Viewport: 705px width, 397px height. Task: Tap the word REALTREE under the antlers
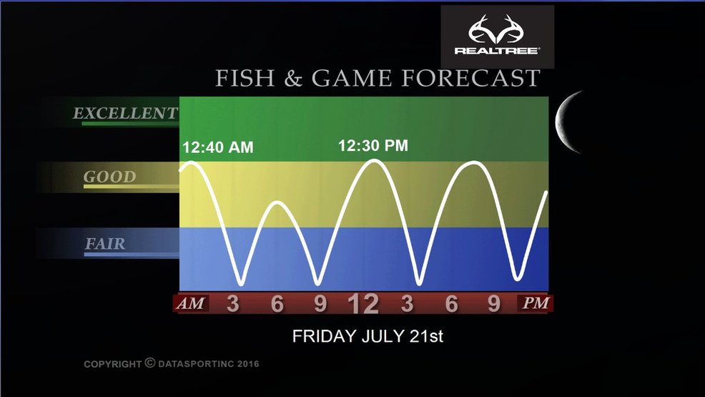point(497,50)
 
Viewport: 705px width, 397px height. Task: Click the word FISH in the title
point(245,78)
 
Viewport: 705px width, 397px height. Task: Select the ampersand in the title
point(293,79)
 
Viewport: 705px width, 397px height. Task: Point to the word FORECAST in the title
point(470,78)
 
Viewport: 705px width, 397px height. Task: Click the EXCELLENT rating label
point(125,113)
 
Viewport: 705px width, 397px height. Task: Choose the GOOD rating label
point(109,177)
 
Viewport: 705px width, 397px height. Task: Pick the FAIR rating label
point(105,244)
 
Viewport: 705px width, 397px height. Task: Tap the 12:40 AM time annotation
point(218,147)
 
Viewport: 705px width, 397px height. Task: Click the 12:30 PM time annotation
point(373,146)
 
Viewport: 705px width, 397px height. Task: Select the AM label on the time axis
point(191,303)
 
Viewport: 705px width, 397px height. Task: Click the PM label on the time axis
point(536,303)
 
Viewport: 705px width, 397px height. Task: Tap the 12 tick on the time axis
point(364,303)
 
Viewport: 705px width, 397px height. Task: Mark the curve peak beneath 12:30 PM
point(374,160)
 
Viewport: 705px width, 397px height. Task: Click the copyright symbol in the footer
point(149,363)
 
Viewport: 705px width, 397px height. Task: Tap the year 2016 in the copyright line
point(248,363)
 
